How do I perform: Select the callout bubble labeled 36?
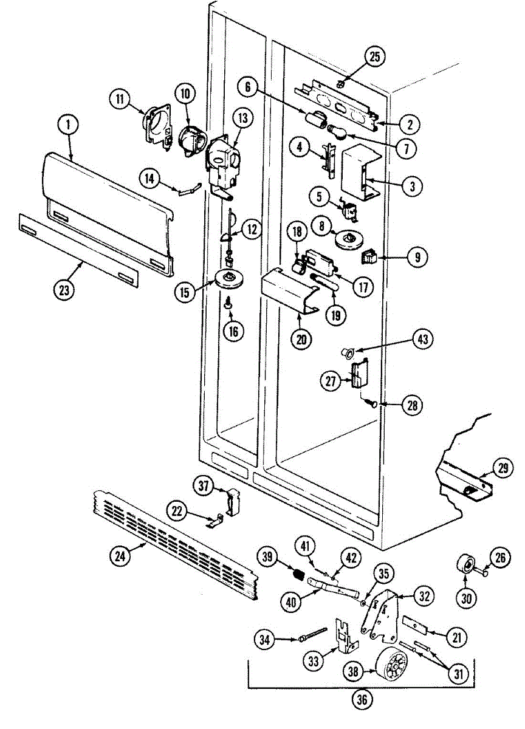362,699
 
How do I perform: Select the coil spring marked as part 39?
299,573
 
